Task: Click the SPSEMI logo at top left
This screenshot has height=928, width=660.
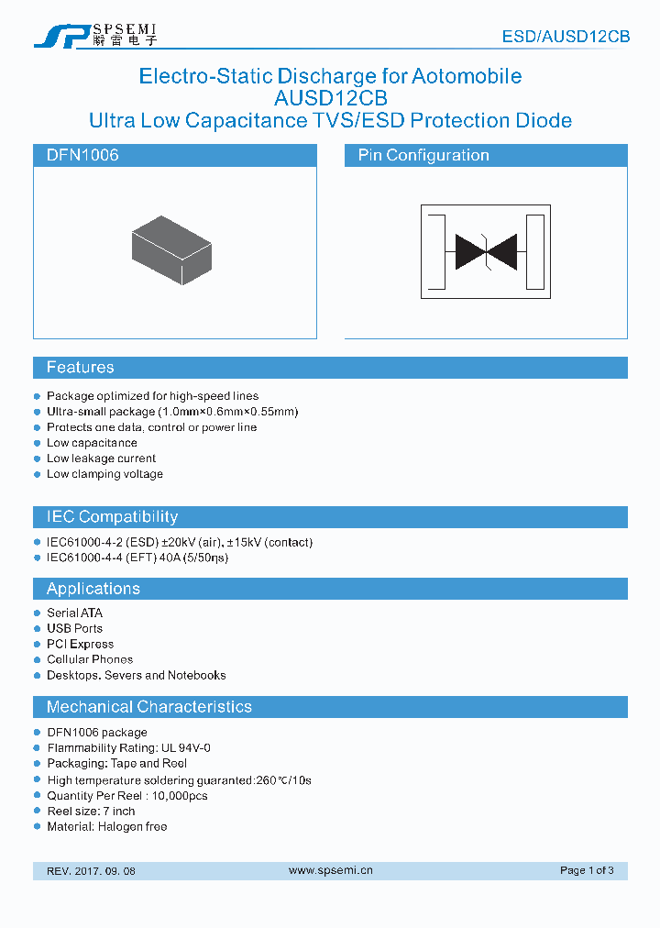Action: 95,35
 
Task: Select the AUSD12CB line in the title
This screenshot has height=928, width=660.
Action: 330,98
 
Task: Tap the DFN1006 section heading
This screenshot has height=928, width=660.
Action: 82,156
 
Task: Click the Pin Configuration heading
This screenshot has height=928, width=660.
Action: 423,156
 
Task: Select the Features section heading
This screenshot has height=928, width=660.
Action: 81,368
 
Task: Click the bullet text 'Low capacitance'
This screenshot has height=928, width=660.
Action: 92,443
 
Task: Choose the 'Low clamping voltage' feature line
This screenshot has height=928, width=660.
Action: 104,474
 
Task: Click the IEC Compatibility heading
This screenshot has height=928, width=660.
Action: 112,517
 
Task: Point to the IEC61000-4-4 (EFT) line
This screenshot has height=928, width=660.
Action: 137,558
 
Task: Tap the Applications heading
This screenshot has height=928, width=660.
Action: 93,589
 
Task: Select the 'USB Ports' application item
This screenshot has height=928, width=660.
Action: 74,628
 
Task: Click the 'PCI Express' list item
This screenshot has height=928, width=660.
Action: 80,644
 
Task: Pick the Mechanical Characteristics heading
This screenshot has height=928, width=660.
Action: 148,707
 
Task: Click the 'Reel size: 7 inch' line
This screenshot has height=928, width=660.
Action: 91,811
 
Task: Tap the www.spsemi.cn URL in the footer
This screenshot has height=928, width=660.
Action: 330,870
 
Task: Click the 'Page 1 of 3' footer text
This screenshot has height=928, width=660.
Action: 587,870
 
